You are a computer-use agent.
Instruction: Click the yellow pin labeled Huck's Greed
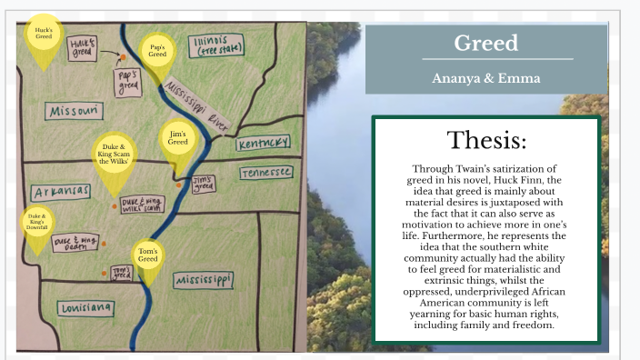43,35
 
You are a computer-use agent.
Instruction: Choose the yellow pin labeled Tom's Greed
148,255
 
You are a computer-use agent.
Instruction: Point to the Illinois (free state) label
218,45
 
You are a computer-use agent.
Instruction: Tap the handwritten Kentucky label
264,144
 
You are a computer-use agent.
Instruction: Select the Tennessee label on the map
266,172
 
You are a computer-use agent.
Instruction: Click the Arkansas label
61,192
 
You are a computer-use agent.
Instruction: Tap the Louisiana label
87,308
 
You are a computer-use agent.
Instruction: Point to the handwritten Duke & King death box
76,243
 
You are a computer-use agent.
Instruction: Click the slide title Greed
485,43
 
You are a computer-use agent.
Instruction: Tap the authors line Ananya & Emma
485,78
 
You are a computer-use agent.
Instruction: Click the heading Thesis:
485,141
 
